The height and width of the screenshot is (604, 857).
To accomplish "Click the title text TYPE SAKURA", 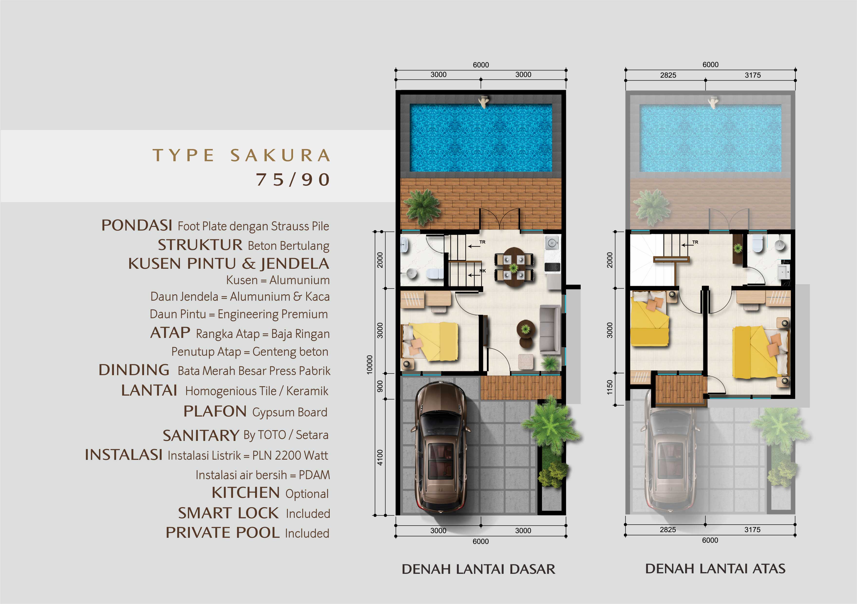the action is point(241,155).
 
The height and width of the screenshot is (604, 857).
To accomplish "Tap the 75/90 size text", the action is point(293,180).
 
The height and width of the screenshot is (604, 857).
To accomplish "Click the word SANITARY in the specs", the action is point(201,435).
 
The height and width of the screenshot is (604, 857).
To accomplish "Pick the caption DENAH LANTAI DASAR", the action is point(479,569).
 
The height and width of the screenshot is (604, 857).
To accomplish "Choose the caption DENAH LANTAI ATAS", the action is point(715,568).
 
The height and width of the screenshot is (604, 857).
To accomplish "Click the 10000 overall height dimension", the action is point(369,365).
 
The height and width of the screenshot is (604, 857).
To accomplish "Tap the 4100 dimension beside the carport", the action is point(380,457).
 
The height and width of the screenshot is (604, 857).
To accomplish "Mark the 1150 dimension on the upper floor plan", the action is point(609,387).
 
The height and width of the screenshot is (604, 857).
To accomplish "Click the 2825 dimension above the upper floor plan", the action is point(668,75).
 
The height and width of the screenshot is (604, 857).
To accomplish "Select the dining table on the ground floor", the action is point(514,267).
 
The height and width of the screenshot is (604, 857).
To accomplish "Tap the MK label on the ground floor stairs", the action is point(483,271).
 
